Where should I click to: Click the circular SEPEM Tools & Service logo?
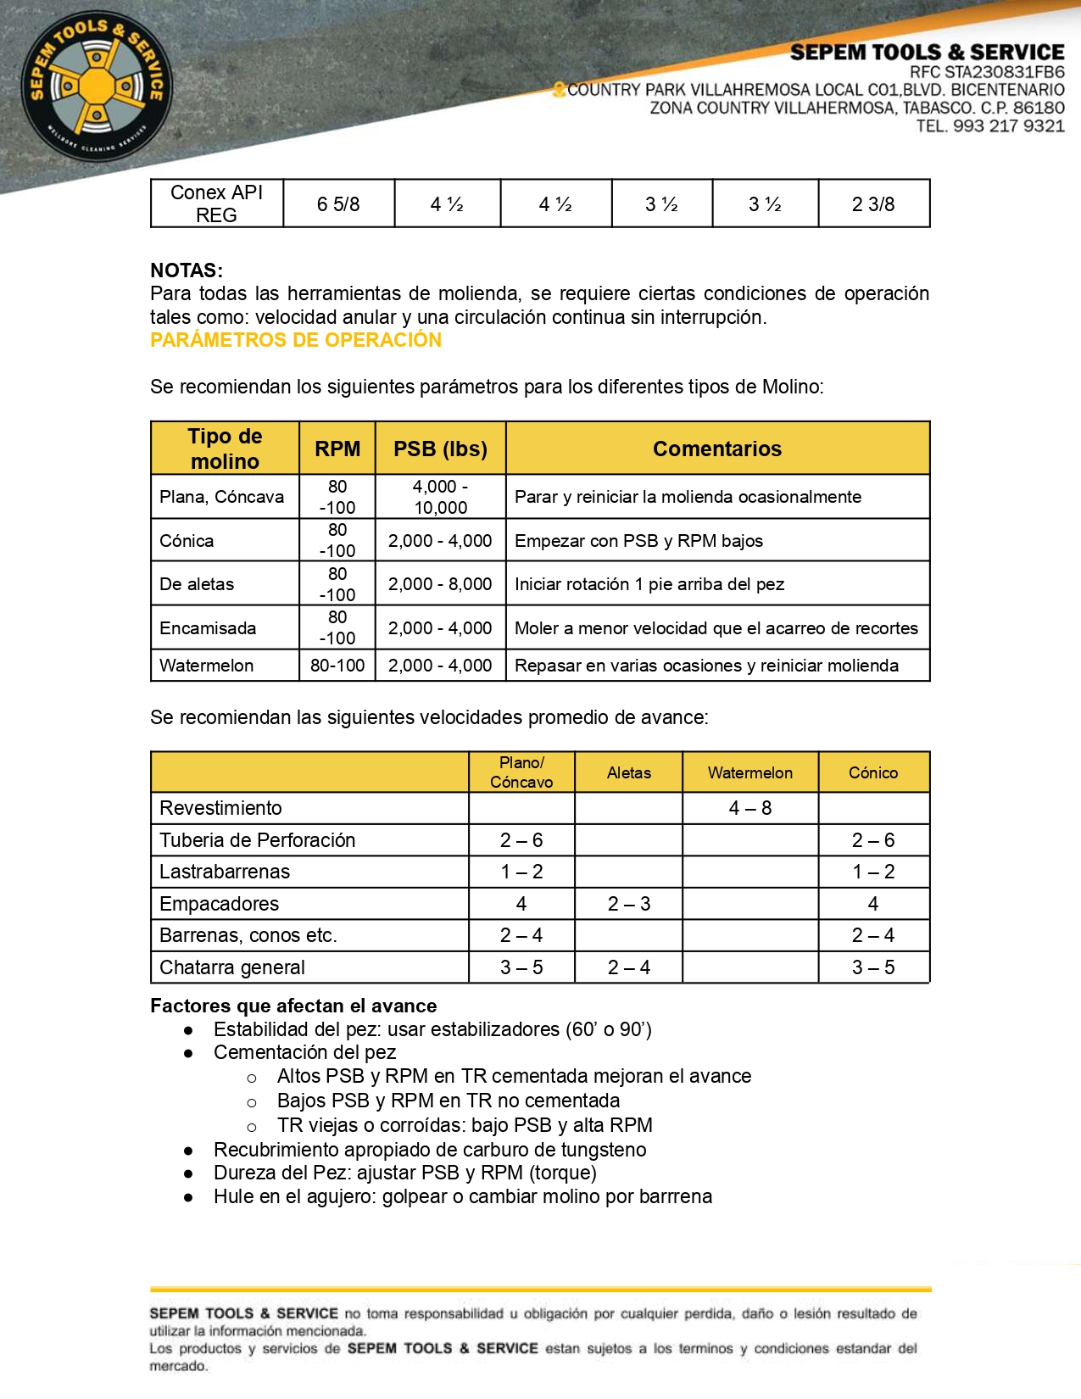click(97, 86)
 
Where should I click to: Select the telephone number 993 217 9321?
click(1008, 126)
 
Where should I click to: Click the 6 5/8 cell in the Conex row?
click(338, 204)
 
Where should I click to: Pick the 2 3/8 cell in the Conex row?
click(873, 204)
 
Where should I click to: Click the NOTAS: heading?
click(187, 270)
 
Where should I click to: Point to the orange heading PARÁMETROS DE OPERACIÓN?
click(296, 340)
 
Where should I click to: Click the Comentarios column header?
click(717, 449)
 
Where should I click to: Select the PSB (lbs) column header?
click(440, 449)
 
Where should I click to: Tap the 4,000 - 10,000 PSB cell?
click(440, 497)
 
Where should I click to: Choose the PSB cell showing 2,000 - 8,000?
click(440, 584)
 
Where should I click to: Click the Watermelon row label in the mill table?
click(207, 666)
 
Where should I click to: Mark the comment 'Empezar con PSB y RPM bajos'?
click(638, 541)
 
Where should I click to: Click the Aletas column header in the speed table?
click(628, 772)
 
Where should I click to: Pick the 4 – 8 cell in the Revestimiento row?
click(750, 808)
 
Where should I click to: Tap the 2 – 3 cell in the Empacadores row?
click(628, 904)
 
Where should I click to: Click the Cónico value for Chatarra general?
click(873, 967)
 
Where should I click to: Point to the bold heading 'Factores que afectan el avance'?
click(293, 1006)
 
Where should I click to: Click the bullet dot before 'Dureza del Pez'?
click(188, 1173)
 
